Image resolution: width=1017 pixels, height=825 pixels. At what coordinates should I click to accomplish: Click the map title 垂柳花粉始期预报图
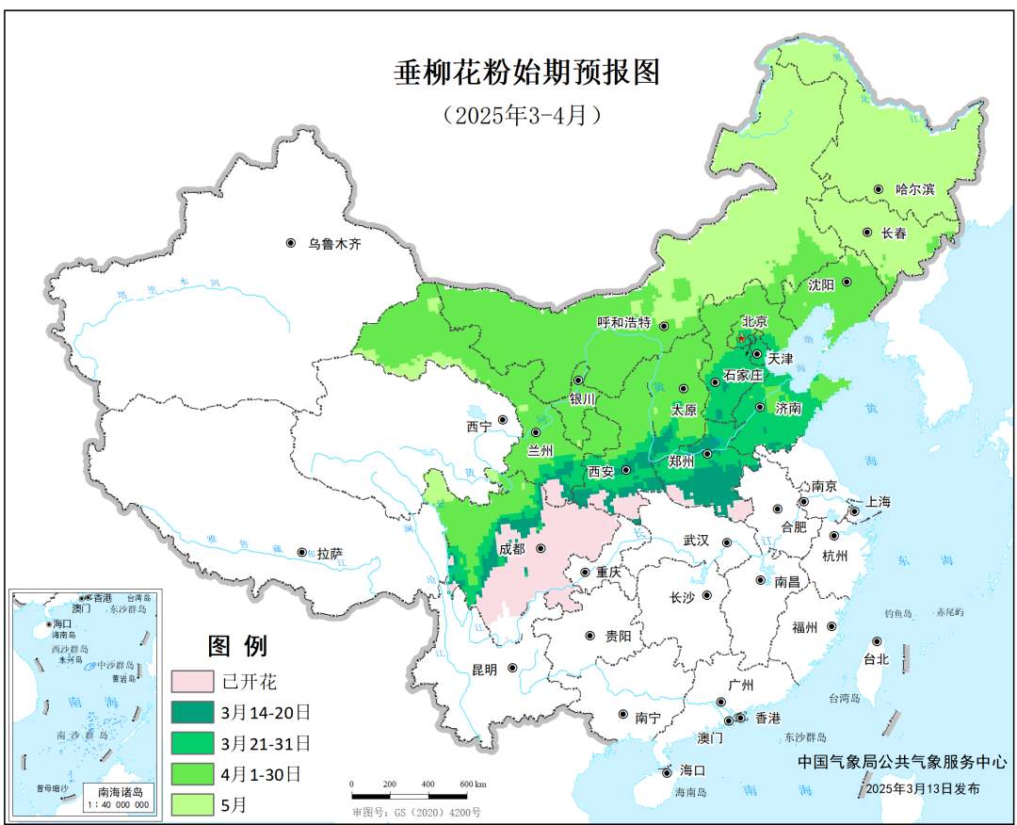click(527, 73)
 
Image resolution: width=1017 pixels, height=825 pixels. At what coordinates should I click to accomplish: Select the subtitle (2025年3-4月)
click(522, 115)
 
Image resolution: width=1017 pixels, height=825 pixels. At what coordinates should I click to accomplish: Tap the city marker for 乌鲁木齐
click(291, 243)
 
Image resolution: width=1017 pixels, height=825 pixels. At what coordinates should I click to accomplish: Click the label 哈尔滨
click(914, 189)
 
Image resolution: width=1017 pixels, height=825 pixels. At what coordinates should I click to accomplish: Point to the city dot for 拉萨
click(301, 552)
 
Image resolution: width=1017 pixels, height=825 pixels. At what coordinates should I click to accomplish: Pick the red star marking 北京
click(741, 337)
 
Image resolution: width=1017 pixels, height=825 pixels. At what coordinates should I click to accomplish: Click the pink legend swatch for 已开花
click(193, 681)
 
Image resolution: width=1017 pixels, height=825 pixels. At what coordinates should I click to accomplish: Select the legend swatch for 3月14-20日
click(193, 712)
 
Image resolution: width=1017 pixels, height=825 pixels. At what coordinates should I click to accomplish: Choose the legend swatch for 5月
click(193, 804)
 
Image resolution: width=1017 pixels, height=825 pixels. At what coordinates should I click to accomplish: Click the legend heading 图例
click(237, 646)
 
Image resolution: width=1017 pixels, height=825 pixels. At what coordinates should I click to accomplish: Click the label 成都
click(513, 548)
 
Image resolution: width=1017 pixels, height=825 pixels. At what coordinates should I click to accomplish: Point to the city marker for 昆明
click(513, 668)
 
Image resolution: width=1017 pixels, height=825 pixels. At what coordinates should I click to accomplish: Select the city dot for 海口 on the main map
click(668, 770)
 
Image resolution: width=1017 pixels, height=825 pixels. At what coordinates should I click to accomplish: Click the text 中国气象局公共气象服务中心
click(890, 761)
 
